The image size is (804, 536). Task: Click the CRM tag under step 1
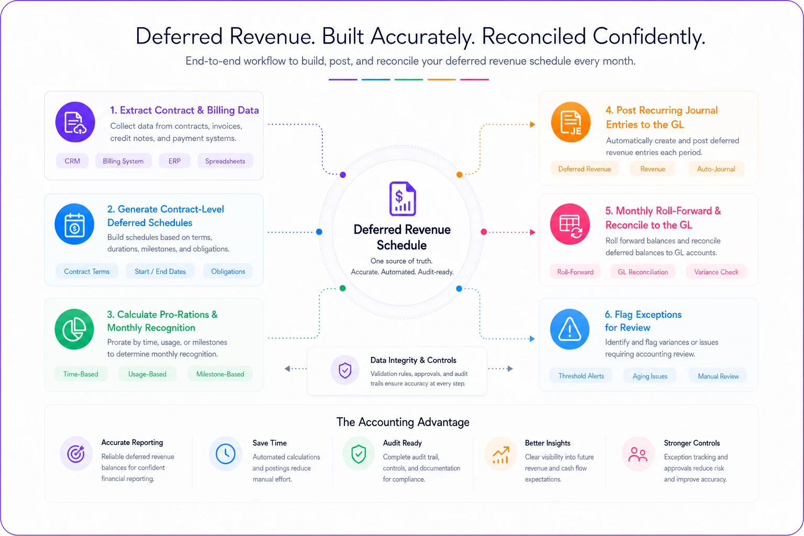(72, 161)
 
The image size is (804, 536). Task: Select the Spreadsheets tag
(225, 161)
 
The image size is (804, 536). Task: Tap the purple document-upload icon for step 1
(75, 122)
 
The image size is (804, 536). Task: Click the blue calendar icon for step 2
(74, 225)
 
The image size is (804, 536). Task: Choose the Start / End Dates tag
(160, 272)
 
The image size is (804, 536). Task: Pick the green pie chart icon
(74, 329)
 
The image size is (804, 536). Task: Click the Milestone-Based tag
(220, 374)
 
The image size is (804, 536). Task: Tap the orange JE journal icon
(571, 122)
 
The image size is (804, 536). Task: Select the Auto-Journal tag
(716, 169)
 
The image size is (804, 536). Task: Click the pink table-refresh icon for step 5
(570, 225)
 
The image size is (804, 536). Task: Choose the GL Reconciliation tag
(643, 272)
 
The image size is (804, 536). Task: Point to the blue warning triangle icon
(569, 329)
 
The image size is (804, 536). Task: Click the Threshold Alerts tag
(581, 376)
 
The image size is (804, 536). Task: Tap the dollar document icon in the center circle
(403, 198)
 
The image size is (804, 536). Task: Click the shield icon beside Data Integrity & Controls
(345, 370)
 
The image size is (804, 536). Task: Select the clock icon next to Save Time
(226, 454)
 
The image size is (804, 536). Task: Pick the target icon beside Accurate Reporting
(76, 454)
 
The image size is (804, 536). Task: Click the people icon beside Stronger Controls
(638, 454)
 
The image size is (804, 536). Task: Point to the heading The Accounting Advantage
(403, 422)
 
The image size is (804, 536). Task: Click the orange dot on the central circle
(460, 174)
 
